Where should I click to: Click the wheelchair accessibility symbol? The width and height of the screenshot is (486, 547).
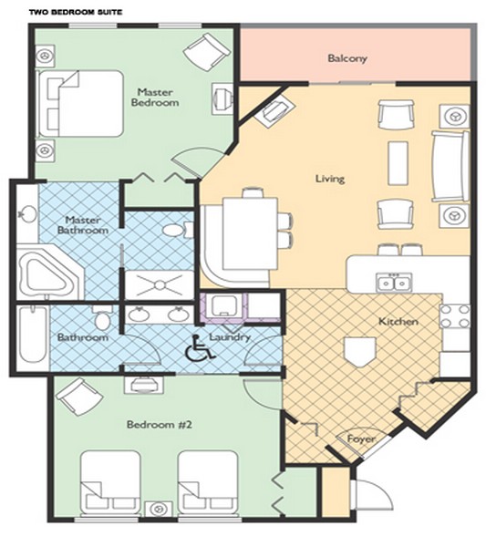tap(200, 348)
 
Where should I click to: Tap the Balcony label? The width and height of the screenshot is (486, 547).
tap(347, 58)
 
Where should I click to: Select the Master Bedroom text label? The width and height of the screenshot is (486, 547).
tap(155, 98)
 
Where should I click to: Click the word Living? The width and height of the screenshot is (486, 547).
tap(330, 179)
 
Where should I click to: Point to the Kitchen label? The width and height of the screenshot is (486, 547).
tap(398, 321)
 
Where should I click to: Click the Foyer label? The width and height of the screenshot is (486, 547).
tap(361, 439)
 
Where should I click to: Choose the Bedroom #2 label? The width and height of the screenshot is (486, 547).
tap(160, 425)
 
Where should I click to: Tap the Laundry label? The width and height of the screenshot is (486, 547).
tap(230, 337)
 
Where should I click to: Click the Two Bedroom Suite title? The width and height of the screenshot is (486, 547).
tap(76, 12)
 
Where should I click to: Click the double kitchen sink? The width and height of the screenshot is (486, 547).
tap(394, 283)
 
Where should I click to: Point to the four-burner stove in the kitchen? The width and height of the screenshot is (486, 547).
tap(455, 316)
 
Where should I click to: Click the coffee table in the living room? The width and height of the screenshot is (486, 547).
tap(398, 163)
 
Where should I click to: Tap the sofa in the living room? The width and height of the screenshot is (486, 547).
tap(450, 166)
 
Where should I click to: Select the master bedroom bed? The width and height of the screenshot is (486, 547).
tap(81, 103)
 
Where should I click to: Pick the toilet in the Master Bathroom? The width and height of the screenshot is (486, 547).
tap(178, 231)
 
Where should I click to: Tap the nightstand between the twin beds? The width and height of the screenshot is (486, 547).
tap(159, 509)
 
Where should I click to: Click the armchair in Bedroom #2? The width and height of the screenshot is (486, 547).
tap(78, 397)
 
